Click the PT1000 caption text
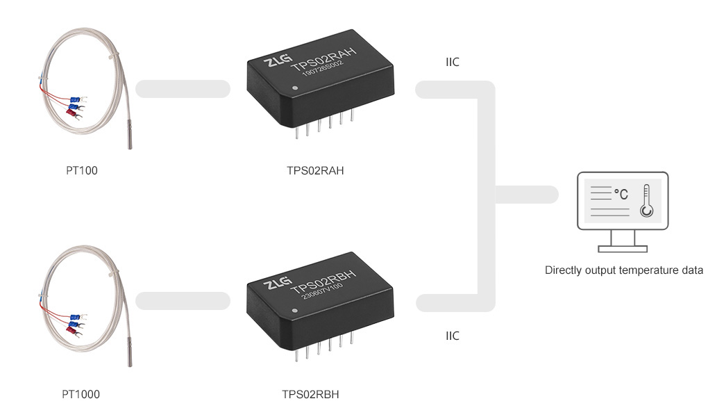(x=81, y=395)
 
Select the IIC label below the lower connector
(x=453, y=336)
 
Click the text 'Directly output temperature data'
(x=624, y=270)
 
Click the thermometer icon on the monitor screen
(x=647, y=202)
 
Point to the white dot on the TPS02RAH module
(x=296, y=88)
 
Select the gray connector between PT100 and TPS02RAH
(x=183, y=88)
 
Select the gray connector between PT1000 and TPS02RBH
(x=183, y=301)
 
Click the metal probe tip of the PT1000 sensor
(x=129, y=357)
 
